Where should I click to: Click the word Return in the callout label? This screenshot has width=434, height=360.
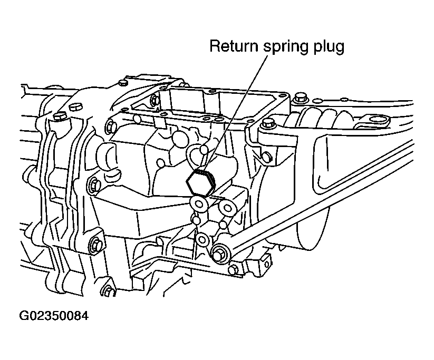[235, 46]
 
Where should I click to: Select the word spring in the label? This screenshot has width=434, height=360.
[285, 47]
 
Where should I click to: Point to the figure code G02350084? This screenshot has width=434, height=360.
[54, 316]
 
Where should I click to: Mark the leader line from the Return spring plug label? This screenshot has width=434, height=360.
[236, 113]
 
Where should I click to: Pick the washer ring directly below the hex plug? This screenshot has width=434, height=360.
[199, 204]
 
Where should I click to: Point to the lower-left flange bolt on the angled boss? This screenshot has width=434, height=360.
[96, 244]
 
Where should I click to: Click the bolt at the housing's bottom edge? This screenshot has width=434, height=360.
[110, 290]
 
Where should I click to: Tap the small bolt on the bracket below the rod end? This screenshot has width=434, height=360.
[234, 269]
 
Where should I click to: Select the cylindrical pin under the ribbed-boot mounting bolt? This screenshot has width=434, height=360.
[266, 157]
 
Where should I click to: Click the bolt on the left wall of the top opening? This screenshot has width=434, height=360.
[155, 100]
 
